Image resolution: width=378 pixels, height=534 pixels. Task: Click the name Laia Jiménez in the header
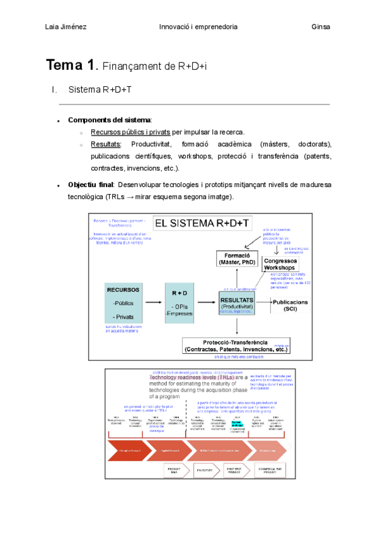point(67,27)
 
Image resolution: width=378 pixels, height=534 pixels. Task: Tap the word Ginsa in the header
point(321,27)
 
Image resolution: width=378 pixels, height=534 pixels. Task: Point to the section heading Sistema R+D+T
point(100,90)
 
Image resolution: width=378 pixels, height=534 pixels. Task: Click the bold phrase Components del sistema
point(109,120)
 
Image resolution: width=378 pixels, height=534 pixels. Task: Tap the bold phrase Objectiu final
point(91,185)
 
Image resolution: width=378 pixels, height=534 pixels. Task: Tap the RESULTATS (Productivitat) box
point(236,303)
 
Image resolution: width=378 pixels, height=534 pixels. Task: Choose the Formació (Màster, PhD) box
point(236,258)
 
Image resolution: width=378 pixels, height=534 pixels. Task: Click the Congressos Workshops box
point(279,264)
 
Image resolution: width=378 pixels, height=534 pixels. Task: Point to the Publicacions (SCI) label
point(291,305)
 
